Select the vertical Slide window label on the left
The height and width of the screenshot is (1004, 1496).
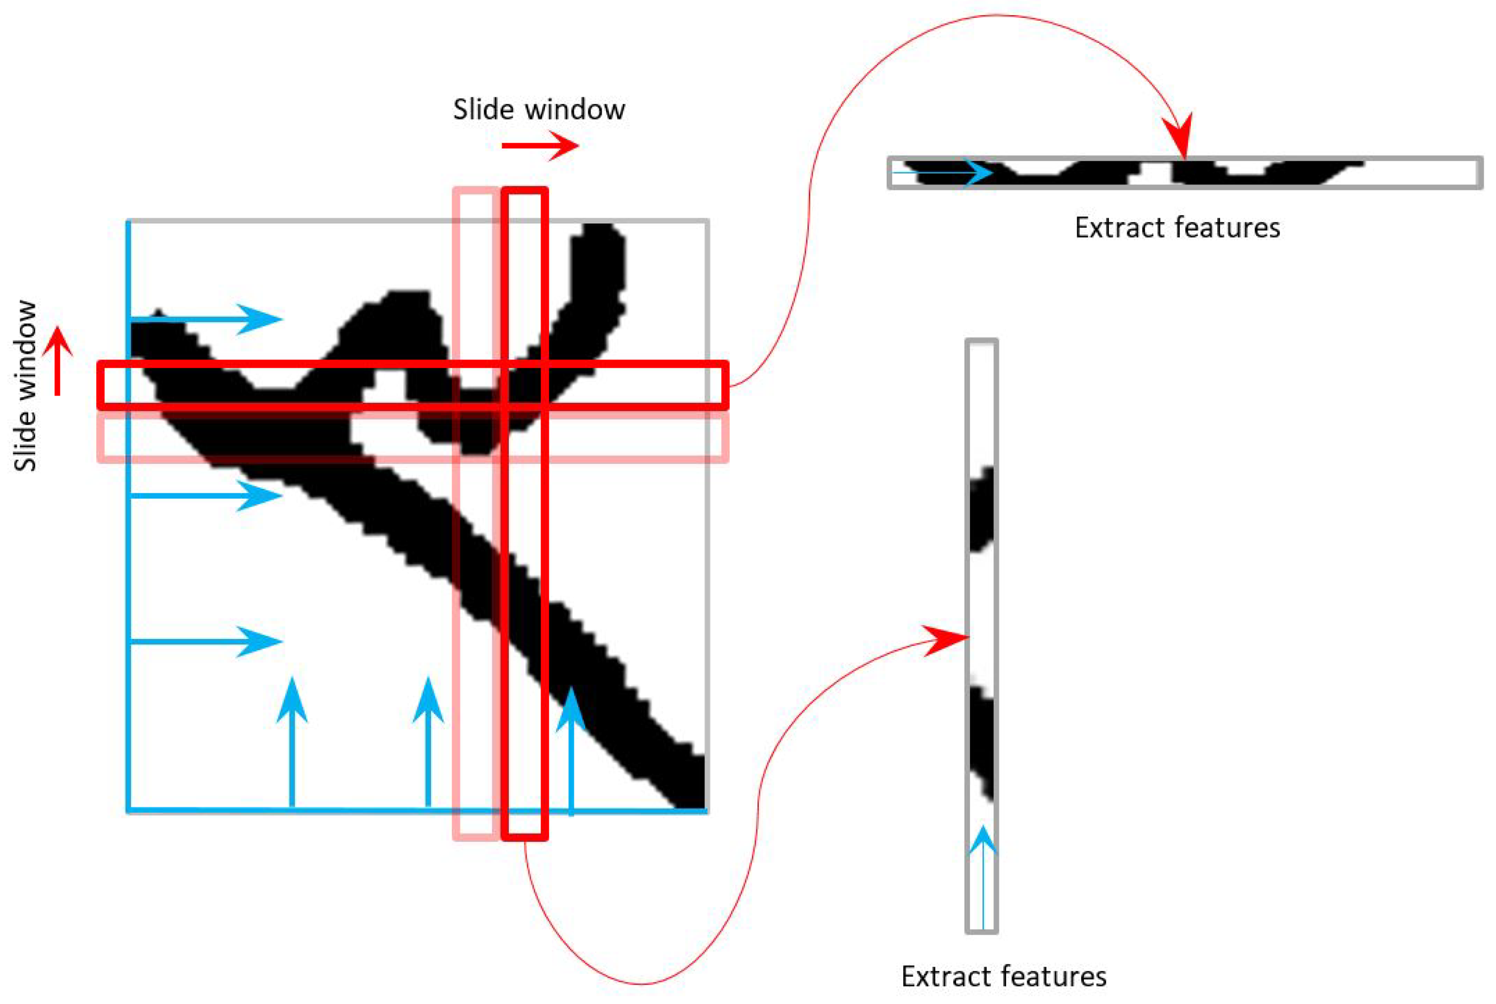(26, 386)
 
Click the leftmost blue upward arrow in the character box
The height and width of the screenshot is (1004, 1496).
(292, 743)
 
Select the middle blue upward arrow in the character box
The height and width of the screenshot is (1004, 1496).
(428, 743)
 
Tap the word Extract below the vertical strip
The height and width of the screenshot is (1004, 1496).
(947, 976)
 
